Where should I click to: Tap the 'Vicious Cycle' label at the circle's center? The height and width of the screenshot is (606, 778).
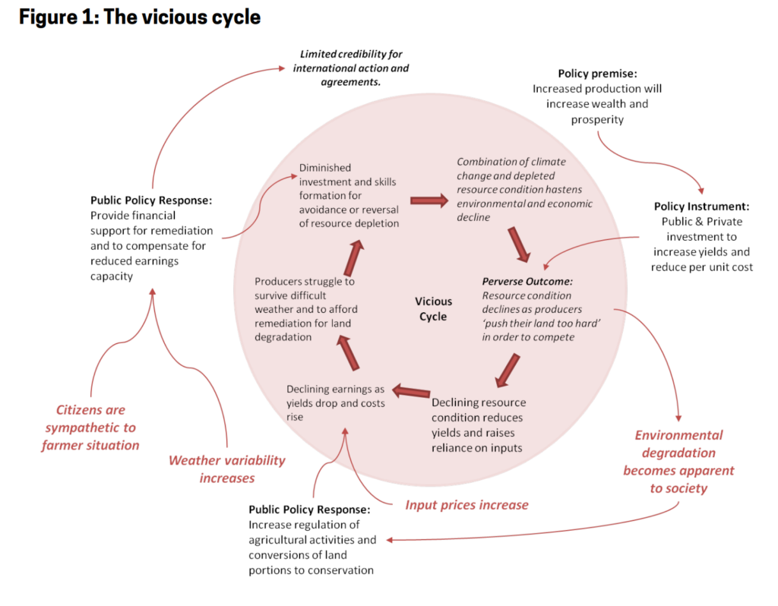432,309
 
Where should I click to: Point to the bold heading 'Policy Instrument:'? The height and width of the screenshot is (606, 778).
701,207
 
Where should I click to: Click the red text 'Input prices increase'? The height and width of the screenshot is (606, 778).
466,505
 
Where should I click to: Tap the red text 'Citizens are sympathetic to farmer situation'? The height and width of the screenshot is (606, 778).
90,428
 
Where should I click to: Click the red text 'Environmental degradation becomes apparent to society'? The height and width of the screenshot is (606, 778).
678,462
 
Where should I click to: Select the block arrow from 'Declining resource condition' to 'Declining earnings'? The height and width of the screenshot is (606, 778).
410,393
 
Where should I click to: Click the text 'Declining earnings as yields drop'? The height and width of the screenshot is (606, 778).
335,396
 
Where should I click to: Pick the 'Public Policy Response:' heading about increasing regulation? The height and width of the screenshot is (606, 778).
308,510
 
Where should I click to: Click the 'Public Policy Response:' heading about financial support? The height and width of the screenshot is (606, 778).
150,201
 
